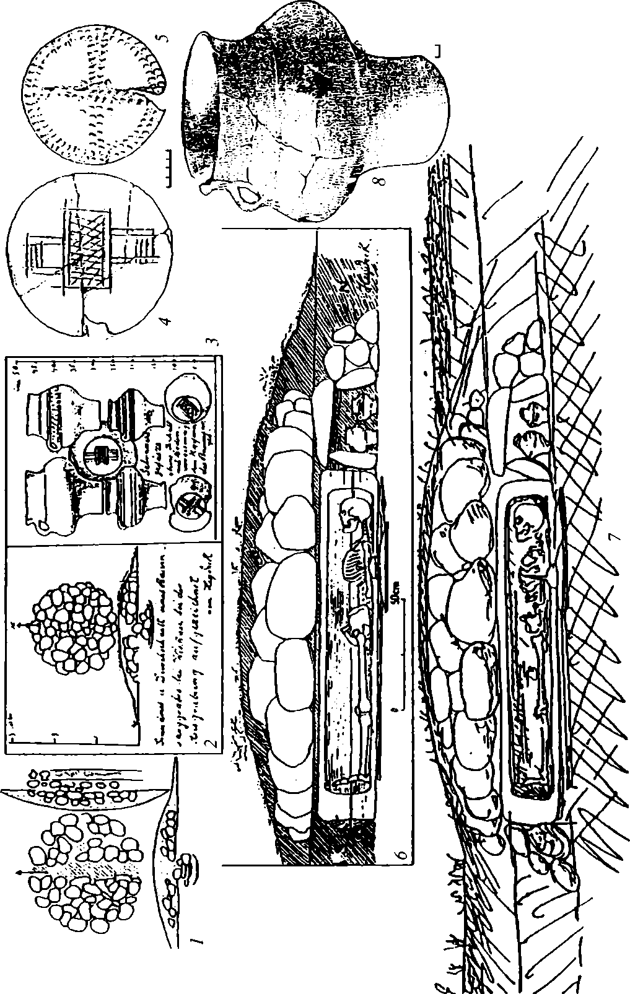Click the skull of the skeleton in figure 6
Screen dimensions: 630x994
tap(351, 515)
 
